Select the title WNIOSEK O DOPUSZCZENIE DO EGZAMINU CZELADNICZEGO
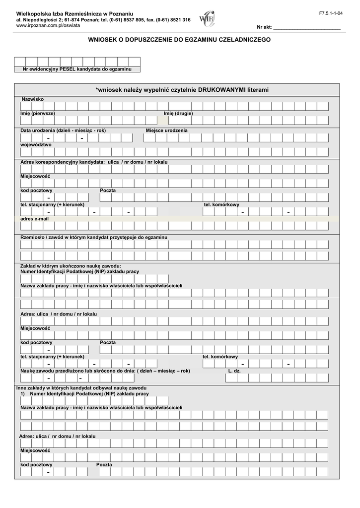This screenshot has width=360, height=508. coord(179,39)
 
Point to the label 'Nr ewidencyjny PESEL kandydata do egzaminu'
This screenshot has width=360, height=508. coord(77,69)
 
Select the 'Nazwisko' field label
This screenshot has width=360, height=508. coord(32,99)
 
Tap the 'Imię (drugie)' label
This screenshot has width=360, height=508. coord(178,114)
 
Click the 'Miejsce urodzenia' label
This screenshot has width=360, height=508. coord(166,130)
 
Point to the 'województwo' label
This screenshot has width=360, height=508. coord(36,145)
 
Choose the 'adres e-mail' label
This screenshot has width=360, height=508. coord(34,219)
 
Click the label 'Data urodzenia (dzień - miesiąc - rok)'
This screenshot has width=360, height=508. coord(63,130)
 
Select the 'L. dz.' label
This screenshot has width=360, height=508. coord(234,371)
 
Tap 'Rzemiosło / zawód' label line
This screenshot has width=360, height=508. coord(94,238)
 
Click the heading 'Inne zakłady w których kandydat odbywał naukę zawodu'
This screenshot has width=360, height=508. coord(81,387)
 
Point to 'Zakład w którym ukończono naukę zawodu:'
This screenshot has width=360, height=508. coord(71,266)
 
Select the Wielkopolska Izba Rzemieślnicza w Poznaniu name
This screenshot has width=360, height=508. coord(74,12)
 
